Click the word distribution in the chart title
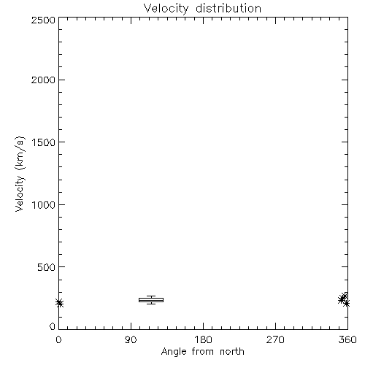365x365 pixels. (228, 9)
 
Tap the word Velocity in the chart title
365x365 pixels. (166, 9)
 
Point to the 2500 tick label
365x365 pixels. (43, 20)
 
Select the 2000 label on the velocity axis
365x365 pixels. (43, 80)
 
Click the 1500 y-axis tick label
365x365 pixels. (44, 142)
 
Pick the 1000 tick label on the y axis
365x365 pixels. (44, 204)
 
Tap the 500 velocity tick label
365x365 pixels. (47, 267)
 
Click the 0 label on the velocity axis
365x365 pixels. (53, 326)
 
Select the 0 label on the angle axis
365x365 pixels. (58, 339)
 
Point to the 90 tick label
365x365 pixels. (131, 339)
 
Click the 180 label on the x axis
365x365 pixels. (203, 339)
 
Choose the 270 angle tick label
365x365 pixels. (275, 339)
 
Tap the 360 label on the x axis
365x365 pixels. (347, 339)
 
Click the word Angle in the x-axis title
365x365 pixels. (174, 352)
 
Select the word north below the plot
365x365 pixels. (232, 352)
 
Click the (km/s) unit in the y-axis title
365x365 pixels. (20, 153)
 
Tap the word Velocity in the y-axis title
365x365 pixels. (20, 193)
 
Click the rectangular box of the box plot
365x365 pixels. (151, 300)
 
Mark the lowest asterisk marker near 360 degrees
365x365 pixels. (347, 304)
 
